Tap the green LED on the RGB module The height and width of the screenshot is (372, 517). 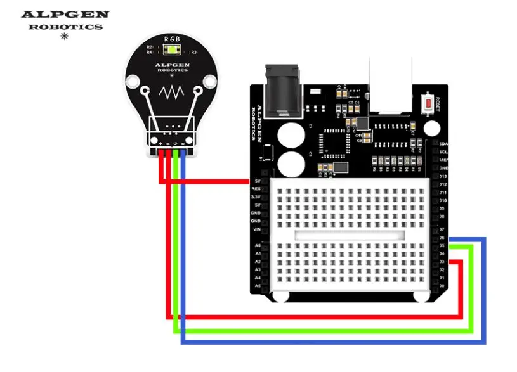(x=171, y=49)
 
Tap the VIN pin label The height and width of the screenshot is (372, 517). (x=256, y=229)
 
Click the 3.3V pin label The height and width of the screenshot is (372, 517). (x=256, y=196)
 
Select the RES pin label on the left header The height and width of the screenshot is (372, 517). (x=256, y=188)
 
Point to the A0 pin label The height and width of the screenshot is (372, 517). (x=256, y=245)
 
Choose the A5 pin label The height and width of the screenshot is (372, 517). (x=256, y=286)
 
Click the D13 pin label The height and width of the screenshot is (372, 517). (x=443, y=176)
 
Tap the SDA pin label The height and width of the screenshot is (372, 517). (x=443, y=144)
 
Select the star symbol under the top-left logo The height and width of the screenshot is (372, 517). (x=63, y=37)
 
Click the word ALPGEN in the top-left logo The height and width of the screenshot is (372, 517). (x=65, y=15)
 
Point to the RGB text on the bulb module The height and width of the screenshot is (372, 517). (x=171, y=39)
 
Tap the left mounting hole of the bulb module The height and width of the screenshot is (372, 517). (x=133, y=82)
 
